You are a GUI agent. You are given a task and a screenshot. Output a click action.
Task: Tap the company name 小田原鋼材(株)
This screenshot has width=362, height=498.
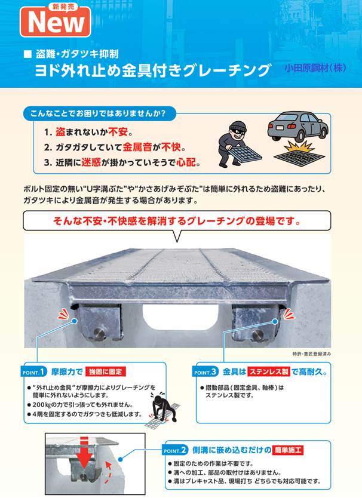tap(315, 68)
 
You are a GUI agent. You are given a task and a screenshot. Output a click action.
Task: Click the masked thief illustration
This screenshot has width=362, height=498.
tap(239, 144)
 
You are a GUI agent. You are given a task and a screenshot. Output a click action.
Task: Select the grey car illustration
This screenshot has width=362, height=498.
tap(297, 126)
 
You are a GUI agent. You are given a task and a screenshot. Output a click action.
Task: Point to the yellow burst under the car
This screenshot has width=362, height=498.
tap(299, 146)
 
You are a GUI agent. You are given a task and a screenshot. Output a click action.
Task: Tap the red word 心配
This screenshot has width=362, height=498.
tap(186, 162)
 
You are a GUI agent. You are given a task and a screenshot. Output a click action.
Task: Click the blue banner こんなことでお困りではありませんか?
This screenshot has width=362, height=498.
tap(99, 113)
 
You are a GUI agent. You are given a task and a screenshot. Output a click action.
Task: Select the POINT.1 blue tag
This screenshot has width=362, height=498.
tap(34, 371)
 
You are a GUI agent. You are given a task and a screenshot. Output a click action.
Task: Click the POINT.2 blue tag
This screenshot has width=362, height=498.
tap(175, 450)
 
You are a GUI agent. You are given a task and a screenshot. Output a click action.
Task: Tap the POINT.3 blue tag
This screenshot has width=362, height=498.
tap(205, 371)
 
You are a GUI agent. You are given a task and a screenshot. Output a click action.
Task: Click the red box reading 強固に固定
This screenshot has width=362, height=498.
tap(106, 371)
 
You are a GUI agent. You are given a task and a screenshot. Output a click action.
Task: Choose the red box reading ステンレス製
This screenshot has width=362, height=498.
tap(269, 371)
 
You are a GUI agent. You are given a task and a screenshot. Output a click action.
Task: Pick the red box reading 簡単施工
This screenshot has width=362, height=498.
tap(288, 450)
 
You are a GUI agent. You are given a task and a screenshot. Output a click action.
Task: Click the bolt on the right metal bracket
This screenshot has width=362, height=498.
tap(257, 334)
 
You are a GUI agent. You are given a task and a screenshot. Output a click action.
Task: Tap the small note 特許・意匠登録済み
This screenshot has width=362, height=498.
tap(311, 354)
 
